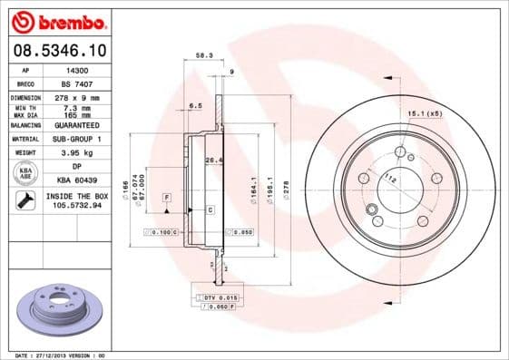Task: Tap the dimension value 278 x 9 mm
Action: click(x=79, y=96)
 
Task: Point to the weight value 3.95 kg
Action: click(x=78, y=153)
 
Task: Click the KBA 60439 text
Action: click(x=79, y=180)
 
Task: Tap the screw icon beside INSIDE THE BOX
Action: click(x=24, y=199)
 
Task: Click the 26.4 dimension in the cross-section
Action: click(x=211, y=161)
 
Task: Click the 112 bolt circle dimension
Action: click(x=390, y=179)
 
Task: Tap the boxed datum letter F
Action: click(x=167, y=197)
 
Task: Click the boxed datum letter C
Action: click(x=210, y=209)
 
